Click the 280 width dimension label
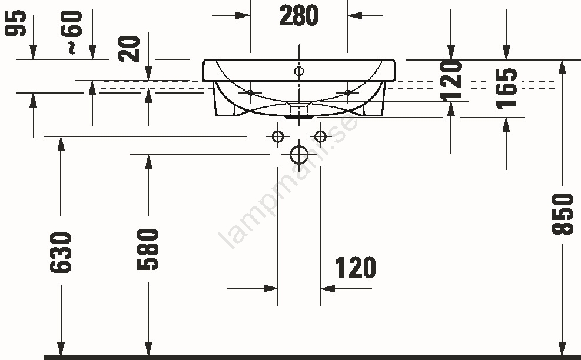[x=298, y=15]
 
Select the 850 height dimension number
[x=563, y=214]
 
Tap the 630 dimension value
[x=61, y=252]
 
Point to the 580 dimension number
[x=148, y=249]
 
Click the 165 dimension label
[x=506, y=89]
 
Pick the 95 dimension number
[x=15, y=24]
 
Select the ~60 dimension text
[x=71, y=32]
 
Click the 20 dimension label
[x=130, y=49]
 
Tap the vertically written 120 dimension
[x=451, y=81]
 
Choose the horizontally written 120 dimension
[x=356, y=268]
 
